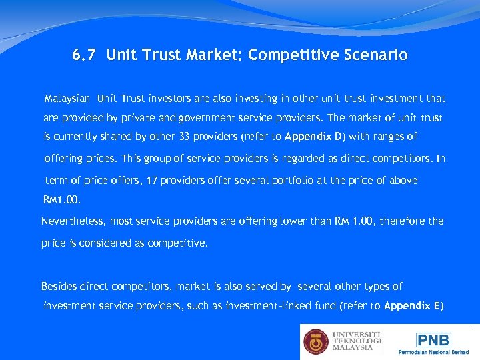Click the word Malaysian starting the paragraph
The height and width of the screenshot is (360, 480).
[x=67, y=99]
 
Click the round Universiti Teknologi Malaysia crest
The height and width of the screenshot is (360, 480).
[x=316, y=342]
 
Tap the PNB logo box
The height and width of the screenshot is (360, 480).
[x=433, y=340]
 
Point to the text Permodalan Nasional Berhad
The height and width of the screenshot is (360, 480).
[x=433, y=351]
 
